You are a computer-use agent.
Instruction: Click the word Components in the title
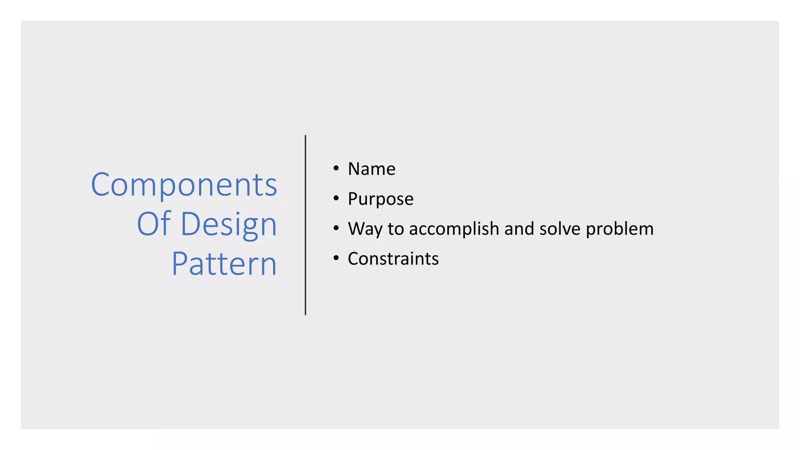[x=184, y=185]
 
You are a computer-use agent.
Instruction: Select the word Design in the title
[x=229, y=225]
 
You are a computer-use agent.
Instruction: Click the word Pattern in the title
[x=224, y=264]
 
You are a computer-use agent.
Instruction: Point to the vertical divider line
[x=305, y=225]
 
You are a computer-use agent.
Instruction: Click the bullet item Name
[x=371, y=169]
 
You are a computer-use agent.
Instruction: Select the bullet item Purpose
[x=380, y=199]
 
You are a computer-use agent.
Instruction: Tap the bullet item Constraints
[x=393, y=259]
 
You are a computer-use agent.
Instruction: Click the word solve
[x=560, y=229]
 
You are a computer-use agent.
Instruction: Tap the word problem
[x=620, y=229]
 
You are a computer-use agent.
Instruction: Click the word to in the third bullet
[x=396, y=229]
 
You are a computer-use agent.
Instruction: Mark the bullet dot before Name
[x=336, y=168]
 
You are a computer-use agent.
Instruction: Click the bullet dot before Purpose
[x=336, y=198]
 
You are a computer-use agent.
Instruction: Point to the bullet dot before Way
[x=336, y=228]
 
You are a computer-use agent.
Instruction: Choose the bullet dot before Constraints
[x=336, y=258]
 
